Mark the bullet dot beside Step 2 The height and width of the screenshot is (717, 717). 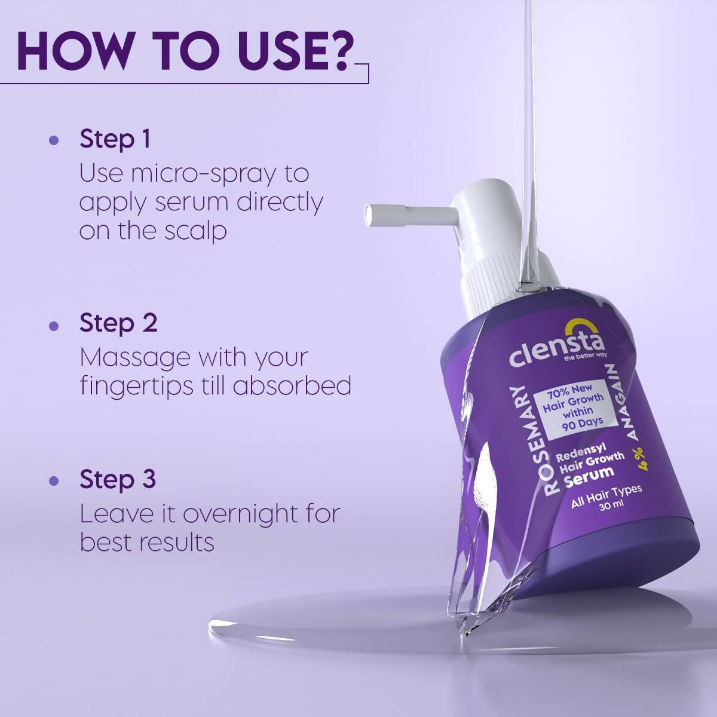click(x=54, y=326)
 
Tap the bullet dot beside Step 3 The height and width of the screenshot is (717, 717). click(x=54, y=481)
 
